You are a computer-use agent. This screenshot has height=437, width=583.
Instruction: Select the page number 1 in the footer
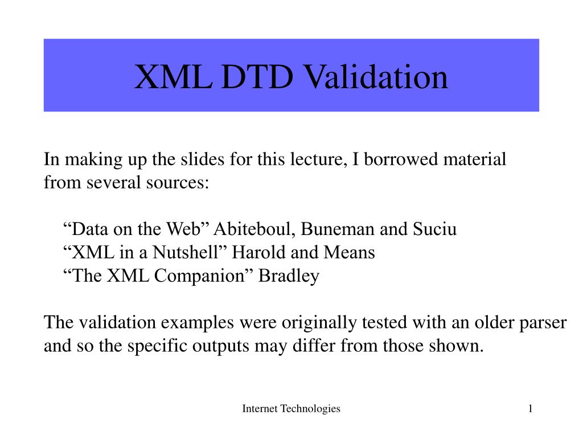tap(530, 409)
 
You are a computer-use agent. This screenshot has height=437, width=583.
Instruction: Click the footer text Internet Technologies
tap(291, 409)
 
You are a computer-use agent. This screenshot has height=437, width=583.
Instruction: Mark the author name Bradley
tap(289, 276)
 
